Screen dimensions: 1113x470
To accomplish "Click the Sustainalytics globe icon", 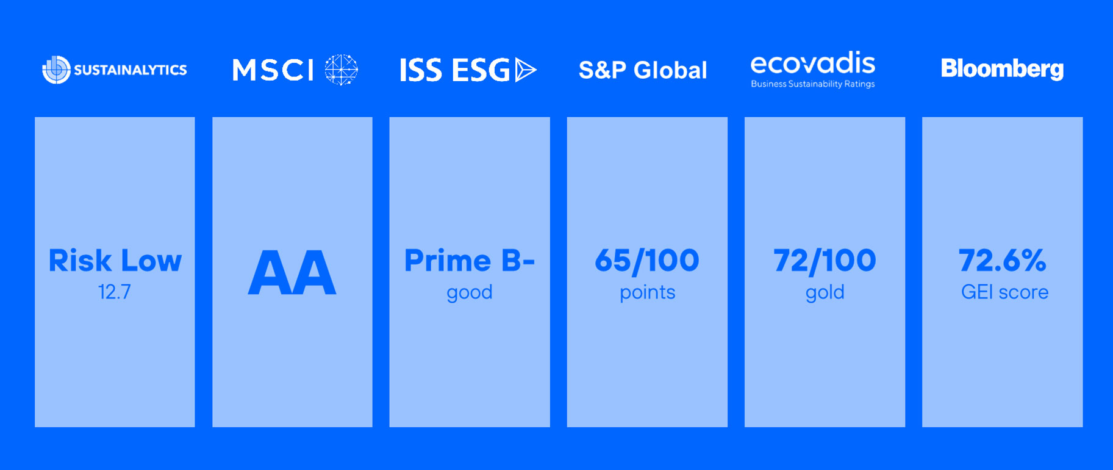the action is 56,70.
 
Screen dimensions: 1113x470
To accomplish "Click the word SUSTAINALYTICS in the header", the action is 131,70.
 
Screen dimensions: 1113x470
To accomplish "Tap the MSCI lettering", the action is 273,70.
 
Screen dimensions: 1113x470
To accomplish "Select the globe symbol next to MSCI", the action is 341,70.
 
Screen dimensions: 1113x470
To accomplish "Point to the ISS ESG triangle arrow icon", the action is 525,70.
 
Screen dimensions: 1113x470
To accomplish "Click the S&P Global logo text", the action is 643,70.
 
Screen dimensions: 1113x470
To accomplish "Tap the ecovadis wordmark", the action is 813,63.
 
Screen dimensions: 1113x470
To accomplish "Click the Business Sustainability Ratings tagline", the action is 813,84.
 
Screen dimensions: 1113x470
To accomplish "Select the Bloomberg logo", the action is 1002,69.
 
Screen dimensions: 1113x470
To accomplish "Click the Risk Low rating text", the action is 115,261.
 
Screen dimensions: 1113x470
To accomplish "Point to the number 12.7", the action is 115,292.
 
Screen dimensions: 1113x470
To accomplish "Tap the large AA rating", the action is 292,273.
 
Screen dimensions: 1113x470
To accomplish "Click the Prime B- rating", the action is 470,261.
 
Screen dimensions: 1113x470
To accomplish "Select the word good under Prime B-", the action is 470,293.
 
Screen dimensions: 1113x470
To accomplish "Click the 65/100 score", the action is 647,261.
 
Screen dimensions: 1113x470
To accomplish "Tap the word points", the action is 647,293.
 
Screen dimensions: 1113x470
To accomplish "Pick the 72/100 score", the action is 825,261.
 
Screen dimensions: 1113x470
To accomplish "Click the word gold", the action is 825,293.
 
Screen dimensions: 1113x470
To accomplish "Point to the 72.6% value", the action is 1003,261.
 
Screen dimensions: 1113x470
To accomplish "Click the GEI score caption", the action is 1004,292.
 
